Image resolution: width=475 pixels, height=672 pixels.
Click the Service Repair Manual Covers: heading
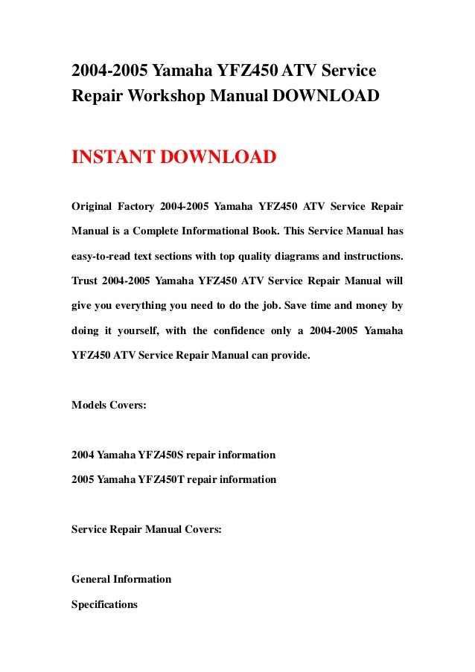146,530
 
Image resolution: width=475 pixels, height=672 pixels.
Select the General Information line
121,579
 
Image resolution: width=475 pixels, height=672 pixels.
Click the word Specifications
104,605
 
